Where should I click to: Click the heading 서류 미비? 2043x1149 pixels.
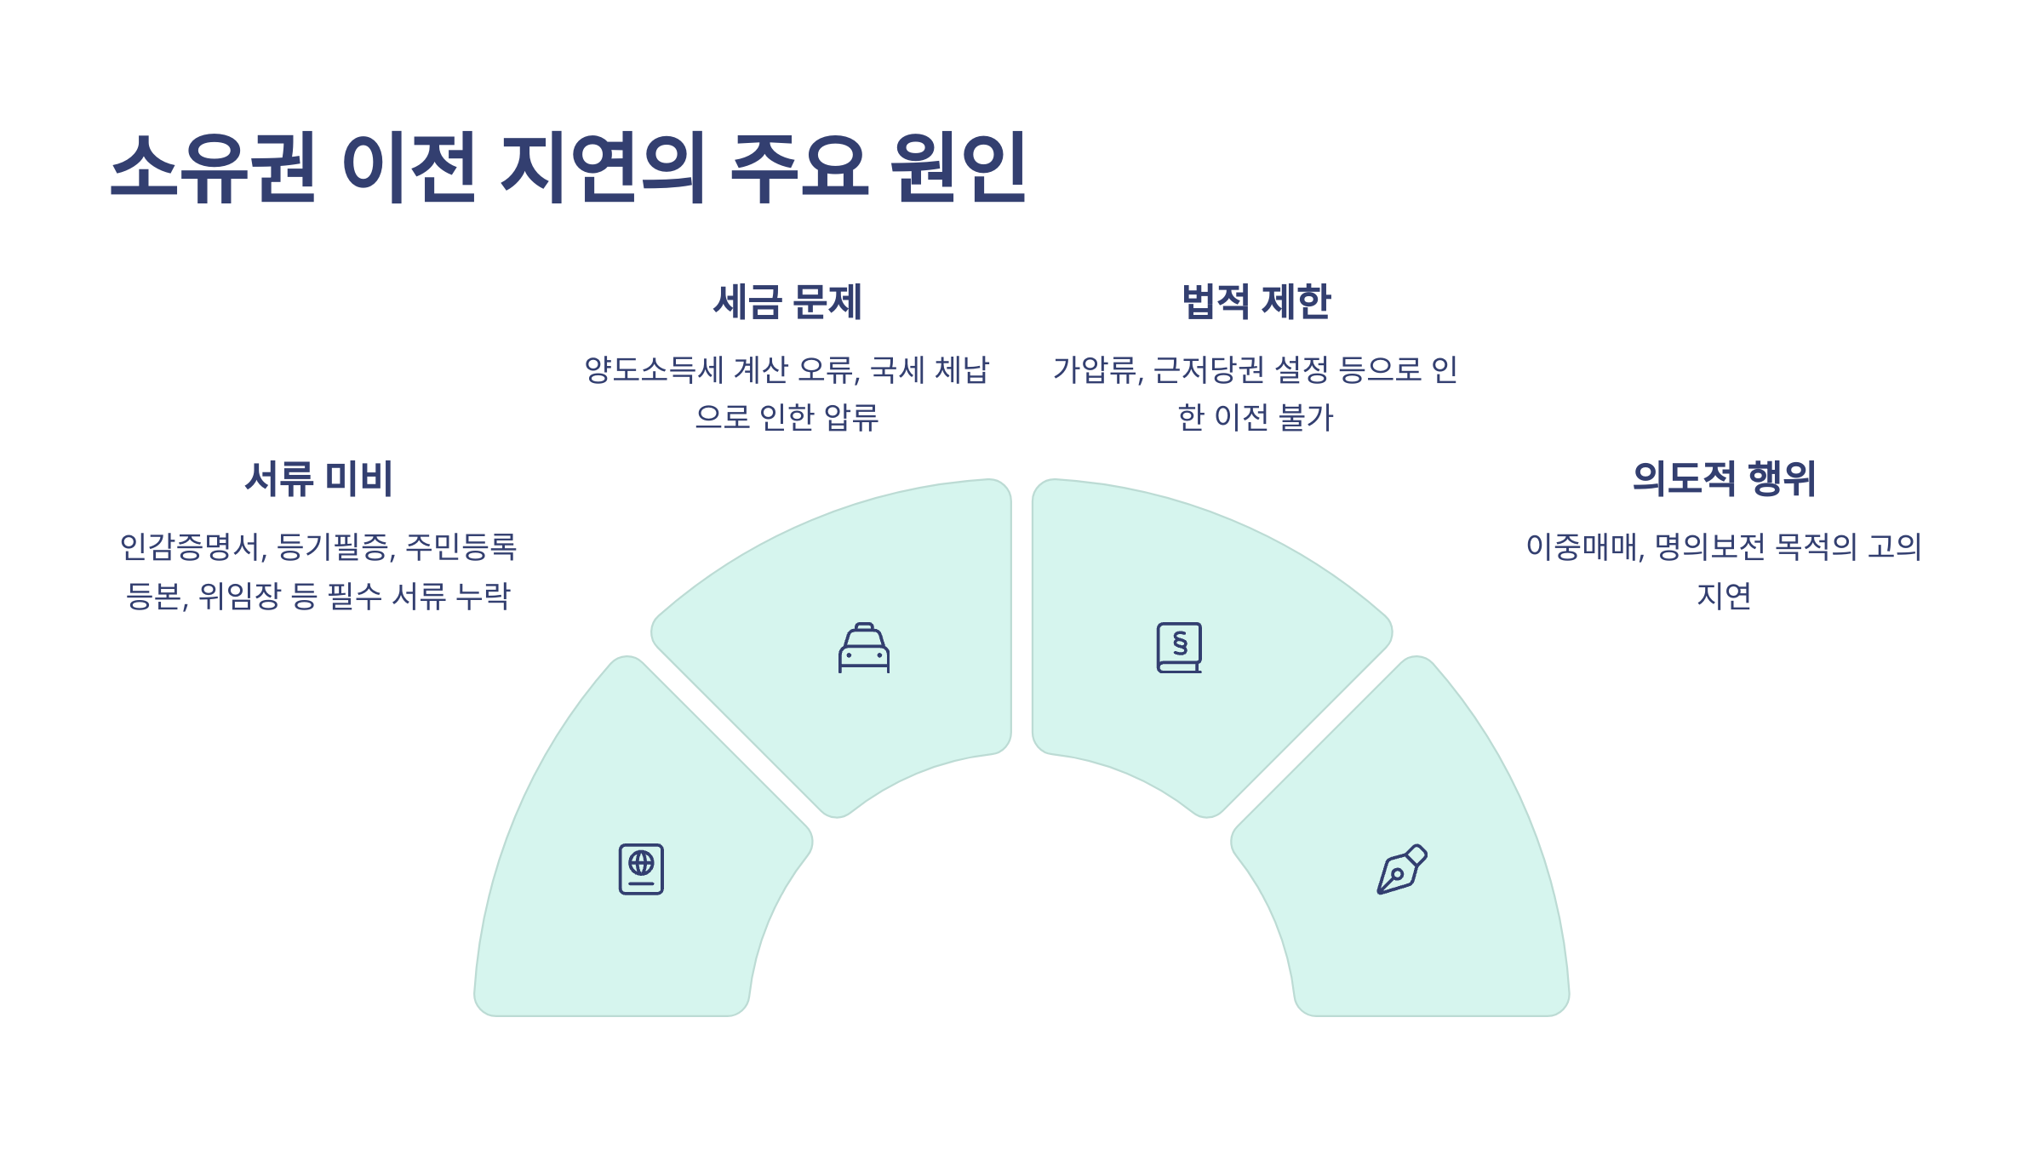[318, 478]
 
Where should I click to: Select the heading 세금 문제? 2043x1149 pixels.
[787, 302]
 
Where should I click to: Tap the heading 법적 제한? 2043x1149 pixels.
[1256, 302]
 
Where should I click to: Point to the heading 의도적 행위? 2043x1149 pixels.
[1724, 478]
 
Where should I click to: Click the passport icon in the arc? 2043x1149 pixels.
[641, 869]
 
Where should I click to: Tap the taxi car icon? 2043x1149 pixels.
[864, 649]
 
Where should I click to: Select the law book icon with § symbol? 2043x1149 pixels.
[1179, 648]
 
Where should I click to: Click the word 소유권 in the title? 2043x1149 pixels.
[213, 168]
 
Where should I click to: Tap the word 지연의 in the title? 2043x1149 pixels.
[603, 168]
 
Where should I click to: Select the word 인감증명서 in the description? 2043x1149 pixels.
[192, 547]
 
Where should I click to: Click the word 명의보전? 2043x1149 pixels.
[1709, 547]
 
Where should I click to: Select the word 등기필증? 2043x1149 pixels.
[335, 547]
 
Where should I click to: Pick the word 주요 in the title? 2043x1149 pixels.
[800, 168]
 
